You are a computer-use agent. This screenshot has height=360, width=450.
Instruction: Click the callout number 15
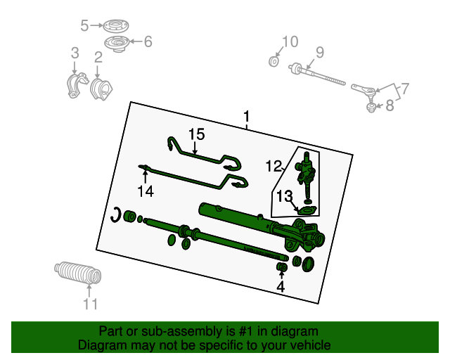tap(197, 134)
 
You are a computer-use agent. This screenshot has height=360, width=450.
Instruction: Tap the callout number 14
tap(146, 191)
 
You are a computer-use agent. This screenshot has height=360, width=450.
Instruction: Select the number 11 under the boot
tap(91, 304)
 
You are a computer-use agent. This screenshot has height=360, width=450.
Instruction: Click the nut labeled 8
tap(372, 108)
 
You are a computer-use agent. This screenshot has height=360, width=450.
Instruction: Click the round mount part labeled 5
tap(115, 27)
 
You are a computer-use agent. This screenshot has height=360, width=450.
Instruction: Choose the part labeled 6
tap(116, 44)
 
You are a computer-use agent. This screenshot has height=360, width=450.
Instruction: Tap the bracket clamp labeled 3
tap(77, 85)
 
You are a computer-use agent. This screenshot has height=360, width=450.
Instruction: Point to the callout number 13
tap(284, 197)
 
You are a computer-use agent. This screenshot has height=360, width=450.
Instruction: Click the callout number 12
tap(274, 166)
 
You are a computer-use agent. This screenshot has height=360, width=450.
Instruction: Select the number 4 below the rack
tap(281, 287)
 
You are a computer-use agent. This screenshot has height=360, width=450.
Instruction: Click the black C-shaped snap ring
tap(114, 214)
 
